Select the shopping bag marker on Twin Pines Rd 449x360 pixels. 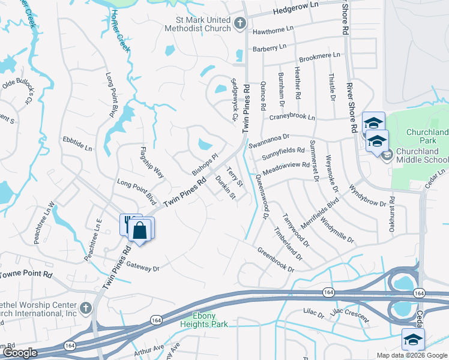coord(140,230)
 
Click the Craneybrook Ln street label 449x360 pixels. coord(292,117)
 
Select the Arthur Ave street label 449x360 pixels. coord(149,350)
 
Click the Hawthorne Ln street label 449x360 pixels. coord(274,28)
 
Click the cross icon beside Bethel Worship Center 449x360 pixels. coord(86,308)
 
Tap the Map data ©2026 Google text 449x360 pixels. coord(411,355)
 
